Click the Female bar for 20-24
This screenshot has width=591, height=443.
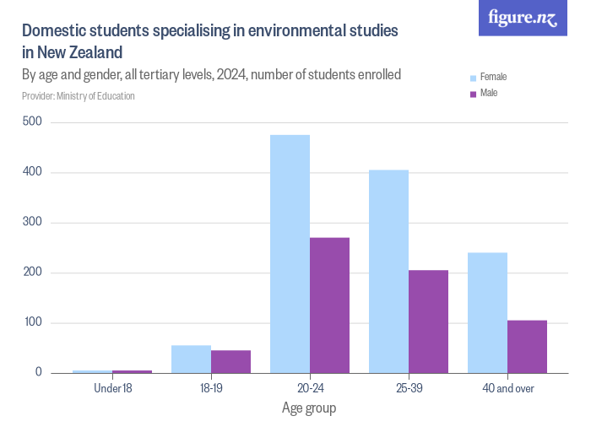[290, 254]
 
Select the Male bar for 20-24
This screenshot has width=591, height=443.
[329, 305]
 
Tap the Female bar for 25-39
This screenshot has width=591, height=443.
[388, 272]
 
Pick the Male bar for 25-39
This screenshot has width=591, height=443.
[428, 321]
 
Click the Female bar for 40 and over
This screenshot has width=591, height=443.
[487, 313]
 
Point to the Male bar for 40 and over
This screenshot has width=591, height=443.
[527, 347]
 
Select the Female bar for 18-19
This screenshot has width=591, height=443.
[191, 359]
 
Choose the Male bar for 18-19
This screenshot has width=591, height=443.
[230, 362]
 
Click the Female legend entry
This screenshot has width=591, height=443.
[492, 77]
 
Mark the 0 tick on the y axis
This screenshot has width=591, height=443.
[38, 373]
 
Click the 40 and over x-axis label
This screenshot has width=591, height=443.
[507, 389]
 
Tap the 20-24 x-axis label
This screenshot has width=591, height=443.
[309, 389]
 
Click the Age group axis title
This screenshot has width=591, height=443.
[309, 409]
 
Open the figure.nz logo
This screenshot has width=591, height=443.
[523, 19]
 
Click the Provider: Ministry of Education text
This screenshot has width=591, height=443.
[79, 96]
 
